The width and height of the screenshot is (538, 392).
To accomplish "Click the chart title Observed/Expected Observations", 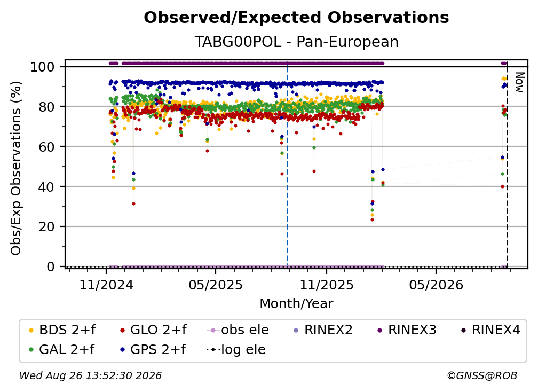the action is [296, 18].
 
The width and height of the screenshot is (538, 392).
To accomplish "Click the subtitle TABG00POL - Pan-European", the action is [296, 42].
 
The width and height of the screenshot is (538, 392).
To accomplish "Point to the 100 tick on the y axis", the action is [43, 67].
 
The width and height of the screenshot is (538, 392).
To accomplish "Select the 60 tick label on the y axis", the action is [46, 146].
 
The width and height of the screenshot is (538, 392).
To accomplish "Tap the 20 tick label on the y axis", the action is [46, 226].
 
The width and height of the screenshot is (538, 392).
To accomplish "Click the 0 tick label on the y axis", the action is [51, 266].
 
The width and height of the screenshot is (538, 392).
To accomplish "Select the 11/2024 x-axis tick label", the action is [106, 285].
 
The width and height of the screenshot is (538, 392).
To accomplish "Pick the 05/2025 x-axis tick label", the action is [216, 285].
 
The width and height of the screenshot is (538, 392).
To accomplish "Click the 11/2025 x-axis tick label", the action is [327, 285].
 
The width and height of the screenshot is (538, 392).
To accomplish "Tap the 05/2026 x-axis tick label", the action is [436, 285].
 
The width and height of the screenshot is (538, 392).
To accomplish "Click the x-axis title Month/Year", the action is [296, 304].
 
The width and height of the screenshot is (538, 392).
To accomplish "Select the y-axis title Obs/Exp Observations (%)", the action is [16, 168].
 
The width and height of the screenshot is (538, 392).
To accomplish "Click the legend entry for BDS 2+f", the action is [62, 330].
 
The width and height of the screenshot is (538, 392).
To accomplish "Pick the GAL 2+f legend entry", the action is [61, 349].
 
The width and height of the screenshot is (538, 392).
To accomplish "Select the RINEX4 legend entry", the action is [490, 330].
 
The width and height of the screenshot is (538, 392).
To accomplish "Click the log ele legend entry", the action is [236, 349].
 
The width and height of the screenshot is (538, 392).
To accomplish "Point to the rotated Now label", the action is [519, 82].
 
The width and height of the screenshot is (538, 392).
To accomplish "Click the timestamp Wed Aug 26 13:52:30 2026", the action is [90, 375].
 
